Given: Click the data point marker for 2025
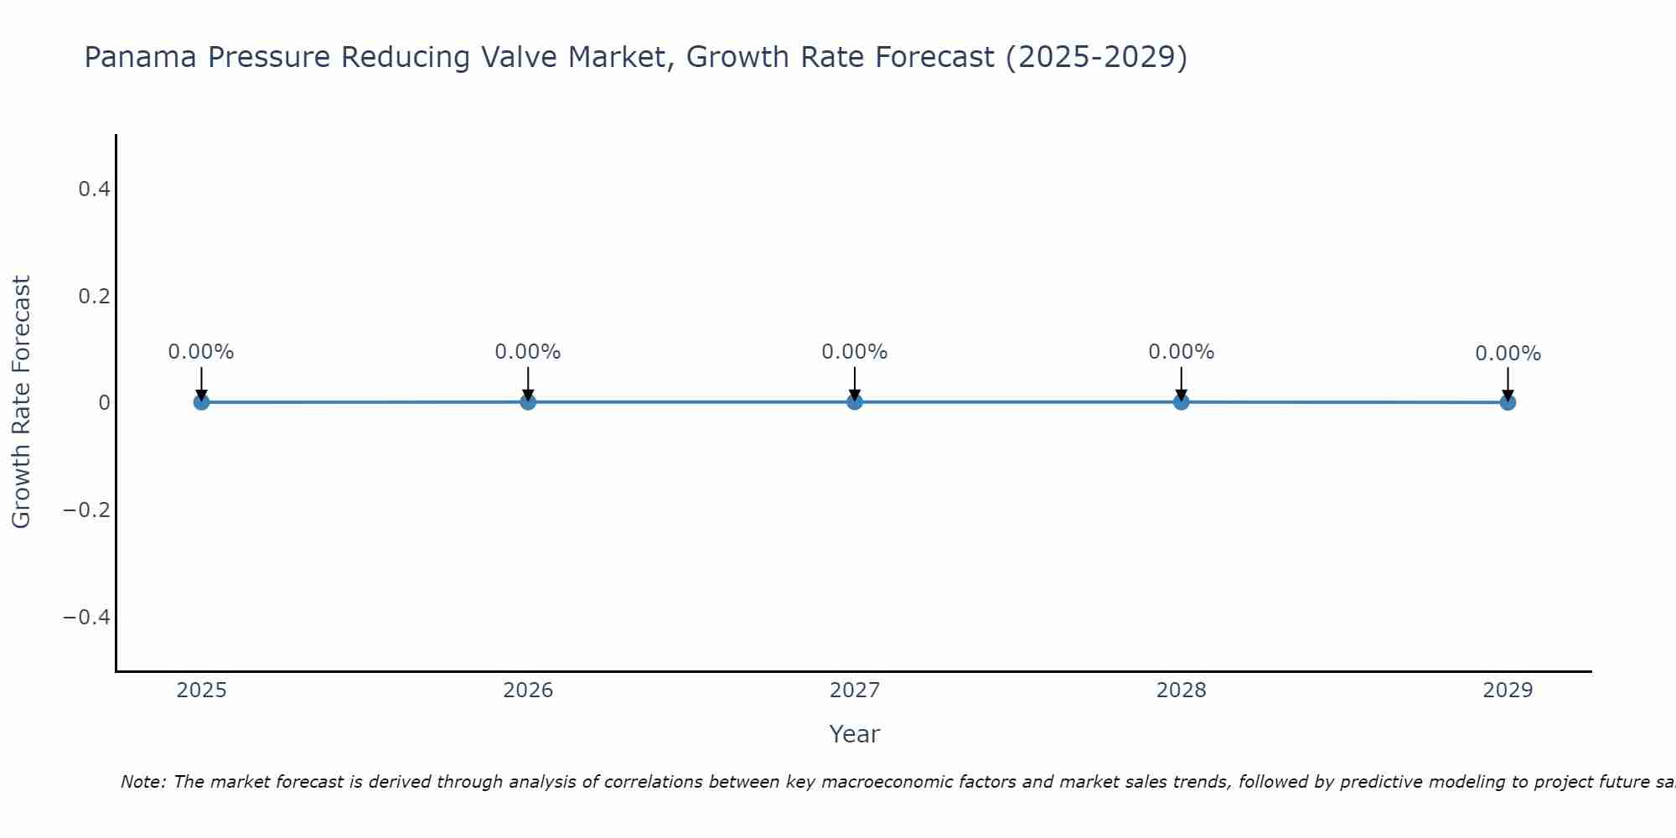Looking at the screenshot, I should (201, 402).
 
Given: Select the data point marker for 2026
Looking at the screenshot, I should (528, 401).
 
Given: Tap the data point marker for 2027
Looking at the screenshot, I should (855, 401).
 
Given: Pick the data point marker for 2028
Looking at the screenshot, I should (1181, 401).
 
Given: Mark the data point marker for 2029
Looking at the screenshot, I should (1508, 402).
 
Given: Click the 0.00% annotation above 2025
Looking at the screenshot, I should (201, 352).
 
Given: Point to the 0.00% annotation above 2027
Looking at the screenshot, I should (855, 352).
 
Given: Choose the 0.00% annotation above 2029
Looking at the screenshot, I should (1508, 354).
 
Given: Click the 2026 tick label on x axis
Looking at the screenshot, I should (528, 691).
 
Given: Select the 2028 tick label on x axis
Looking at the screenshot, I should (1181, 691).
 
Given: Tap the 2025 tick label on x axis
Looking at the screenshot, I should (202, 691).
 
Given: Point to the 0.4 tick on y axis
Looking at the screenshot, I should (94, 189).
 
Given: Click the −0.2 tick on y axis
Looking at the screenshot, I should (87, 510).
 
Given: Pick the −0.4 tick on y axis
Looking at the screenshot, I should (87, 618).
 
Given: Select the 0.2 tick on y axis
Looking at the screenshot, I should (94, 297).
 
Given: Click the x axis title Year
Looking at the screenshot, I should (854, 734).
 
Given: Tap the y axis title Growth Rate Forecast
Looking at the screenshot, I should (21, 402).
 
